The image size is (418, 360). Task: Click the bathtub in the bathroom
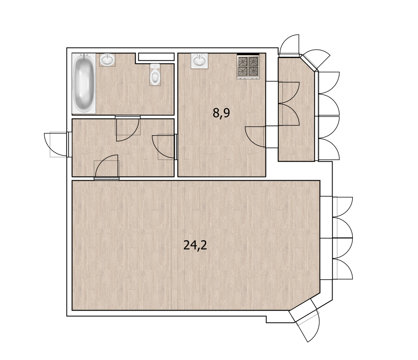pyautogui.click(x=84, y=83)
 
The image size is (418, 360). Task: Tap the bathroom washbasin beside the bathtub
pyautogui.click(x=107, y=59)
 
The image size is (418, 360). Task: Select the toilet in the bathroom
pyautogui.click(x=155, y=74)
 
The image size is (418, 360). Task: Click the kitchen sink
pyautogui.click(x=199, y=60)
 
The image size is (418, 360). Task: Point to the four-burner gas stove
pyautogui.click(x=248, y=67)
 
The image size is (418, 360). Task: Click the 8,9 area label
pyautogui.click(x=221, y=113)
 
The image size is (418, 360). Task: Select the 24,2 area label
pyautogui.click(x=195, y=245)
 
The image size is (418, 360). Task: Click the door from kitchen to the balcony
pyautogui.click(x=255, y=137)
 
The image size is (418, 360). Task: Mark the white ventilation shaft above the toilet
pyautogui.click(x=156, y=56)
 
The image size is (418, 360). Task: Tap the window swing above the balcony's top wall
pyautogui.click(x=289, y=45)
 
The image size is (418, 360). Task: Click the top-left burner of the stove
pyautogui.click(x=243, y=62)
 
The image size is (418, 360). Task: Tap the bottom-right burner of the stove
pyautogui.click(x=254, y=71)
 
